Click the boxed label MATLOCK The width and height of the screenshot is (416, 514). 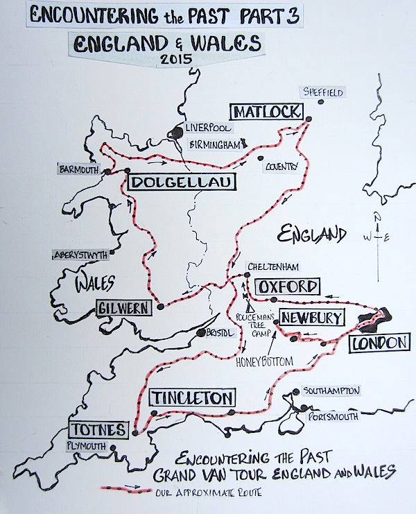click(267, 112)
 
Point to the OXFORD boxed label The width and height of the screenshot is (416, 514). click(287, 286)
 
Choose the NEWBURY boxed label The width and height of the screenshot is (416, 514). click(310, 318)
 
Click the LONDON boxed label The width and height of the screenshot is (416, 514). click(377, 343)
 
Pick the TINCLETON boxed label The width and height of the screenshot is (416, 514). click(192, 397)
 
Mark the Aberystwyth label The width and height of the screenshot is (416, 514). click(80, 255)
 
